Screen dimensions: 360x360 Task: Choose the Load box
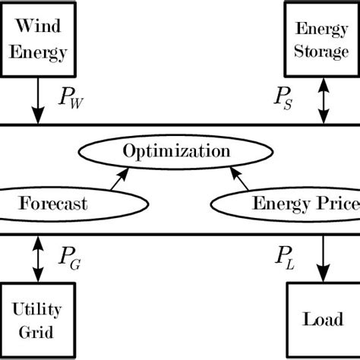(x=323, y=319)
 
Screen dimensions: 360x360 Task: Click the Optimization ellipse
(x=177, y=150)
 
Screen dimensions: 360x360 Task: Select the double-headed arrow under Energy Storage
(x=323, y=102)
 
